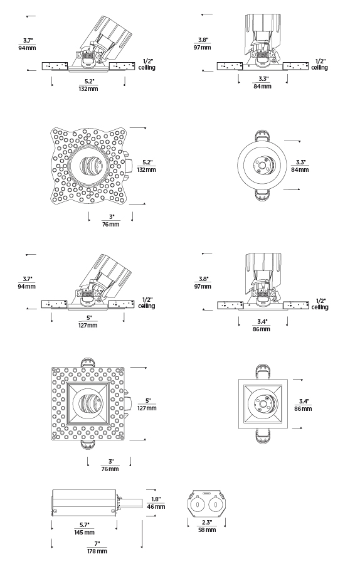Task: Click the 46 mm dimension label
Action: pyautogui.click(x=156, y=507)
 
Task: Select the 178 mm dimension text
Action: pyautogui.click(x=97, y=551)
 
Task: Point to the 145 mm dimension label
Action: pyautogui.click(x=85, y=532)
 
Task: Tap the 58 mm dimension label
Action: pyautogui.click(x=206, y=530)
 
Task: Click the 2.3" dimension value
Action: pyautogui.click(x=207, y=523)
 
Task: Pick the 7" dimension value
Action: pyautogui.click(x=97, y=544)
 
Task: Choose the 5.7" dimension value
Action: pyautogui.click(x=85, y=525)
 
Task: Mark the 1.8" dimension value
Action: pyautogui.click(x=156, y=499)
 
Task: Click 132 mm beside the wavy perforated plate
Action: pyautogui.click(x=147, y=169)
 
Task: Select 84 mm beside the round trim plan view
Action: pyautogui.click(x=300, y=169)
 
